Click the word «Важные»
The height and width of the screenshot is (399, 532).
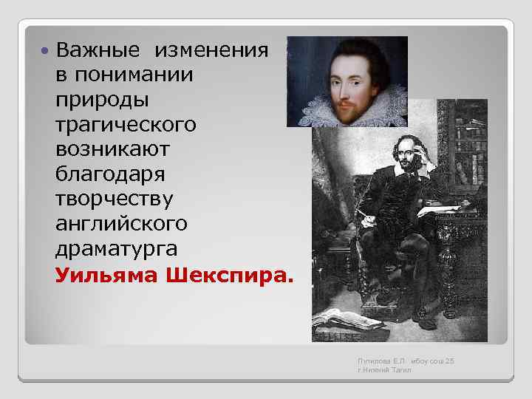[x=98, y=51]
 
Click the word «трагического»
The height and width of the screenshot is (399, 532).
[x=126, y=125]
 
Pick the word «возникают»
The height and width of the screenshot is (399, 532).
[x=112, y=150]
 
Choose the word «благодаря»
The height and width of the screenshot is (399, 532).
[x=111, y=175]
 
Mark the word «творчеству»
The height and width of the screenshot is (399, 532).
[x=114, y=199]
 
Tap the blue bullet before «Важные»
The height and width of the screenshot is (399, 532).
[x=45, y=52]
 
